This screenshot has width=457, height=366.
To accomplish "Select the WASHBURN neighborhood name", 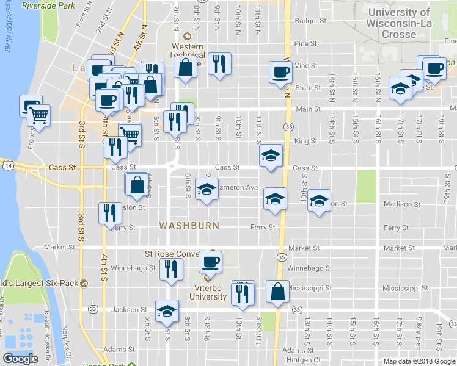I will tap(189, 226).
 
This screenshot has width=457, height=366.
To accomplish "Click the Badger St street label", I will tap(310, 21).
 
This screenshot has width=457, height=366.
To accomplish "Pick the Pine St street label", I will tap(305, 44).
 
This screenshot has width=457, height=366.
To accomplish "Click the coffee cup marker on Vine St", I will tap(281, 73).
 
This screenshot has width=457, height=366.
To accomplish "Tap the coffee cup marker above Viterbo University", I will tap(211, 262).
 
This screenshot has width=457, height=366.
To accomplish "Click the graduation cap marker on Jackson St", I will tap(167, 311).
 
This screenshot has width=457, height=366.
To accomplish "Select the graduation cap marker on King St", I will tap(271, 156).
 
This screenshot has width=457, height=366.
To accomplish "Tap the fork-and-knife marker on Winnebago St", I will tap(171, 269).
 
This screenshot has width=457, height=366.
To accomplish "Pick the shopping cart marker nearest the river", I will tap(38, 115).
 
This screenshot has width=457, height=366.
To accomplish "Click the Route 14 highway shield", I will tap(7, 165).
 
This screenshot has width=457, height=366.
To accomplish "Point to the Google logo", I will tap(20, 359).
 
